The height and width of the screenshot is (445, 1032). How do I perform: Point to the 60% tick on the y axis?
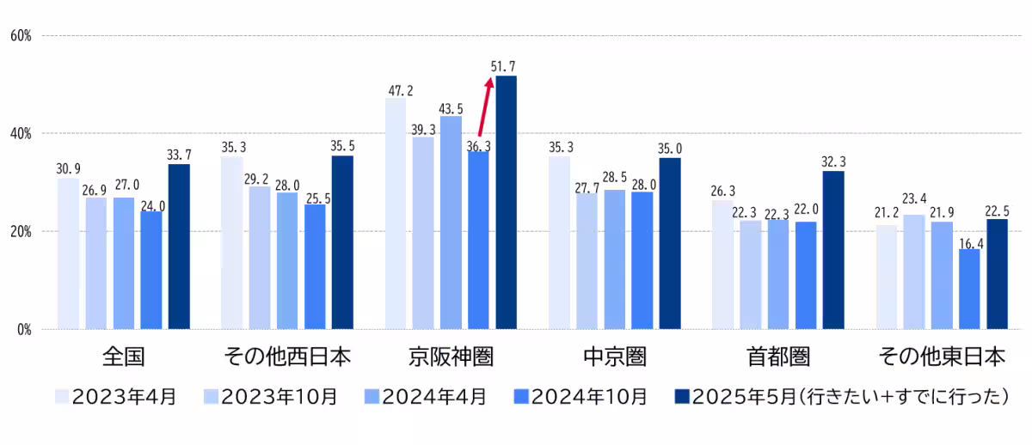click(x=21, y=35)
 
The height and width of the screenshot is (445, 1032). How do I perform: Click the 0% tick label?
click(x=21, y=329)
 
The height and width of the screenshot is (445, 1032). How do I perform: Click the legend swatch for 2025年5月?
click(x=681, y=396)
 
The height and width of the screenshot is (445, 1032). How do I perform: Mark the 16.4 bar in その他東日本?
click(x=969, y=289)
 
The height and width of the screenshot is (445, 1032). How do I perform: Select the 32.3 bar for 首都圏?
click(x=833, y=250)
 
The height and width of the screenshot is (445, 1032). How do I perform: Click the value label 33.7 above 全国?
click(x=179, y=155)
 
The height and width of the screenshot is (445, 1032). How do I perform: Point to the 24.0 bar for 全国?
click(x=151, y=270)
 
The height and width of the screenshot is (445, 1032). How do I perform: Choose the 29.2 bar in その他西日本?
click(x=260, y=258)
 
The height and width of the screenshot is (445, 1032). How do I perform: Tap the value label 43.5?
click(x=451, y=108)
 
